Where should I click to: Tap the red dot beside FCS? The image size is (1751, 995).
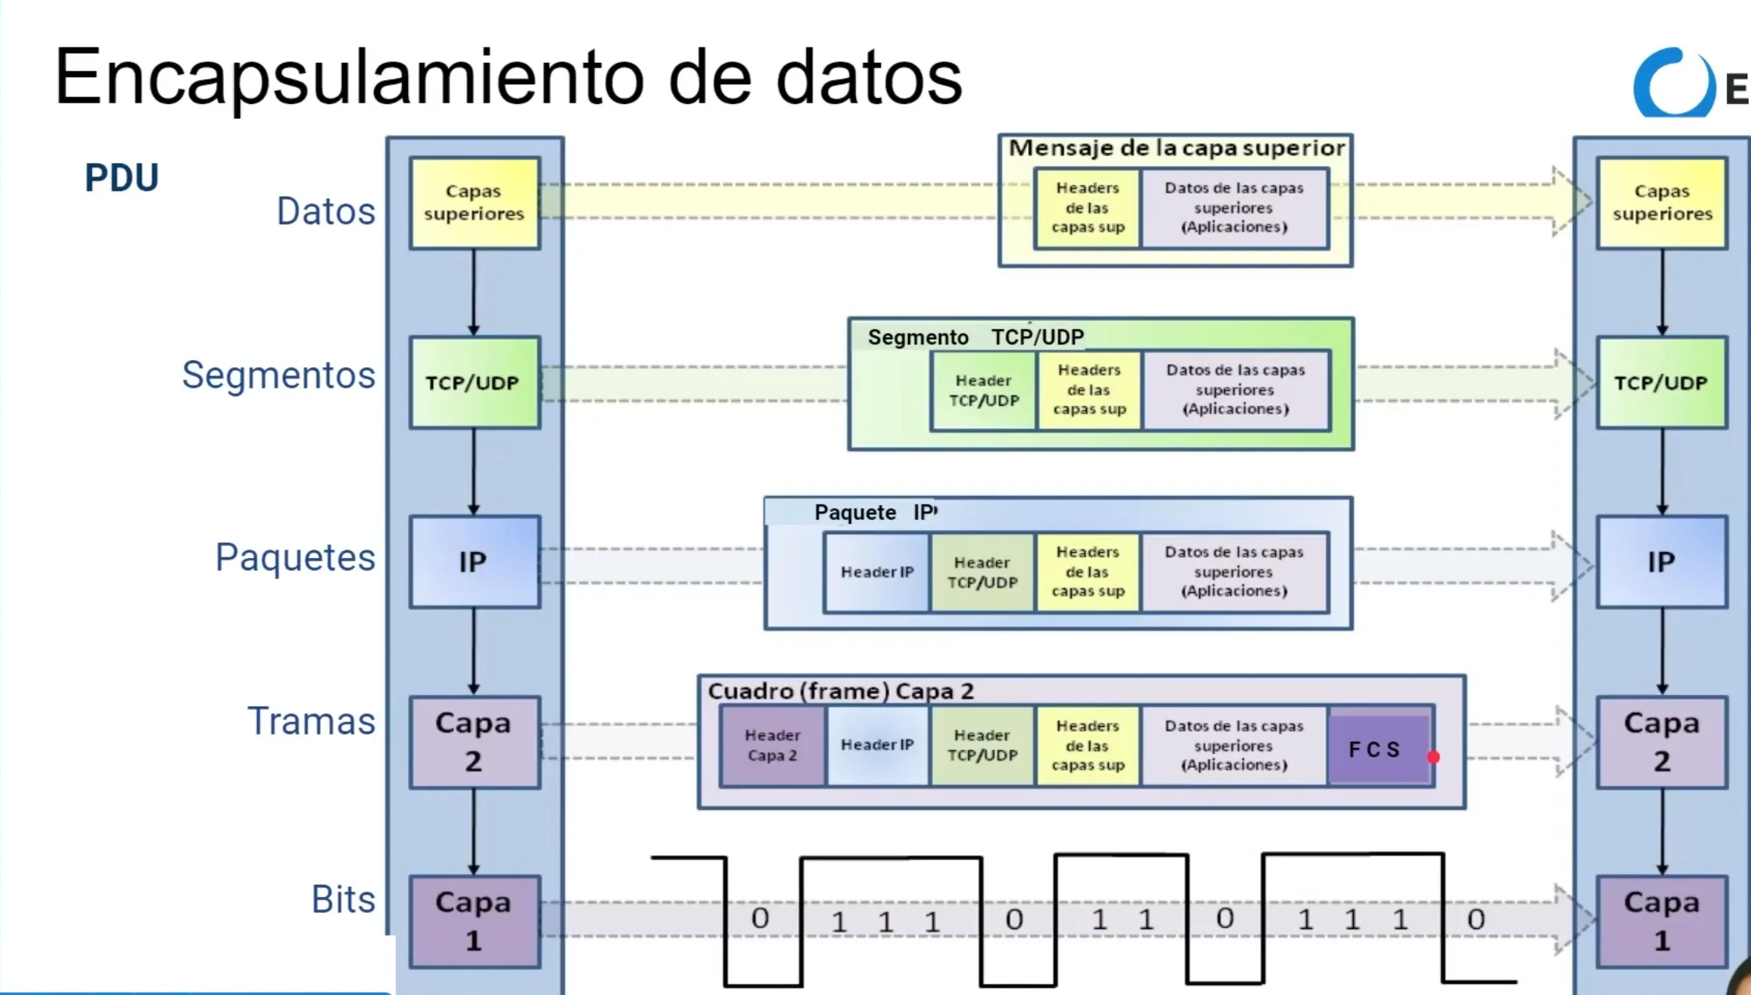[x=1433, y=756]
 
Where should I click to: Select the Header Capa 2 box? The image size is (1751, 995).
[x=772, y=745]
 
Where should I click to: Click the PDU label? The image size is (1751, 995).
[x=121, y=178]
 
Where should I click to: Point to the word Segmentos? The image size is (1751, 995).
[x=278, y=375]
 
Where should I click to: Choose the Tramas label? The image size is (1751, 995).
[x=311, y=721]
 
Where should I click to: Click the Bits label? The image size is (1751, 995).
[x=343, y=899]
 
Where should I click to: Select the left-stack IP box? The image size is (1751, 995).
[x=474, y=561]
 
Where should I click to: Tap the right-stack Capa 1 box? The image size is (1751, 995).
[x=1662, y=921]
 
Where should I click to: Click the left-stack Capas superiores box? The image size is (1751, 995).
[x=474, y=203]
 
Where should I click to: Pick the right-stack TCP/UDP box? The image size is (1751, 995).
[x=1662, y=382]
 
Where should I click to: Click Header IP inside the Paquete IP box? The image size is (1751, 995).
[x=877, y=572]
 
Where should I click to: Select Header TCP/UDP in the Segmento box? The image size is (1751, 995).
[x=984, y=390]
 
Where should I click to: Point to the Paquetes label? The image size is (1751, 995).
[x=295, y=557]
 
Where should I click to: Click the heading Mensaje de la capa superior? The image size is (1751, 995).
[x=1176, y=148]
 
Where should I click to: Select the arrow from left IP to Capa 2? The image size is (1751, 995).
[x=474, y=651]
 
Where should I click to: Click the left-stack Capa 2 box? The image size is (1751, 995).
[x=474, y=742]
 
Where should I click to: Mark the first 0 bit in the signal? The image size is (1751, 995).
[x=760, y=919]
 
